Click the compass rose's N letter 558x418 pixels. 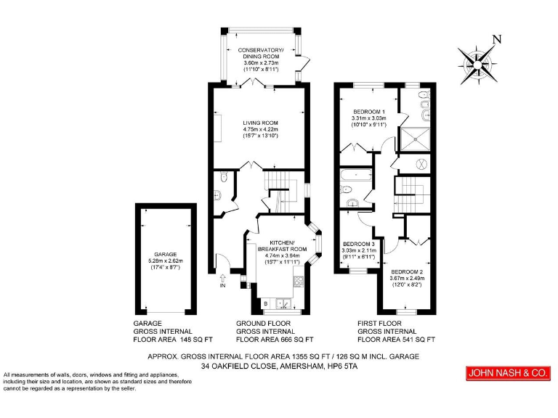click(496, 39)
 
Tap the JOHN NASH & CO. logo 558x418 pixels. click(506, 373)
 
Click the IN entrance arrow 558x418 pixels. click(222, 278)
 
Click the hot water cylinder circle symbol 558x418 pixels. click(422, 164)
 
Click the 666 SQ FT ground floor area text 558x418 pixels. click(294, 339)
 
